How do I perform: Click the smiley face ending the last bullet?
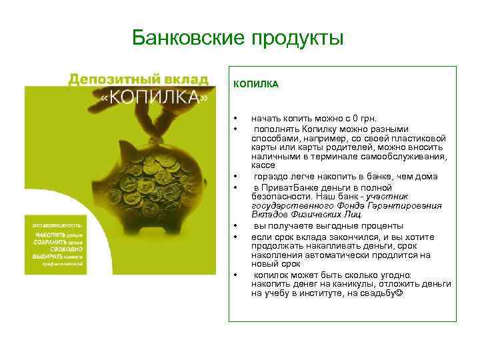point(399,293)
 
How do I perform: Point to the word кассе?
point(263,165)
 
